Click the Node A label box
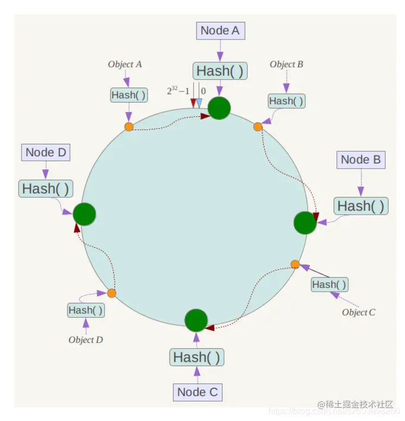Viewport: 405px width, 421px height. [220, 30]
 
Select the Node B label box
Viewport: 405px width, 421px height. [360, 160]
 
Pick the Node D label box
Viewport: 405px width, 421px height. [46, 152]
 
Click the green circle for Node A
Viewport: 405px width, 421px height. [219, 108]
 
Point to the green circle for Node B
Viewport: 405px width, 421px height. [305, 223]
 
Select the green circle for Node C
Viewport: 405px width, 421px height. [196, 321]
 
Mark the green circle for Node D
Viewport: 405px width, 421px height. [84, 215]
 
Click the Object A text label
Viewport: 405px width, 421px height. [125, 64]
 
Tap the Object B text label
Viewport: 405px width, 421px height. [286, 64]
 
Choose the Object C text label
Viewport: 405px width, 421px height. [358, 312]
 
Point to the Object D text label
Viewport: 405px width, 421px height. [86, 340]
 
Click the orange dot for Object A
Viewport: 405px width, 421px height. [129, 127]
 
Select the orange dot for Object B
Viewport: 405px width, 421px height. [258, 127]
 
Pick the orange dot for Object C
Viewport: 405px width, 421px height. [295, 265]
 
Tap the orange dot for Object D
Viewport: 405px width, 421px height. [111, 293]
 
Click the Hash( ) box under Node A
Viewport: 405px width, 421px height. [220, 71]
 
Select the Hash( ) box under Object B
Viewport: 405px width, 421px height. [286, 101]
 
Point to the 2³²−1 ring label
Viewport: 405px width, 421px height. [178, 91]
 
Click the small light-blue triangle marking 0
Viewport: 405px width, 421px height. [199, 102]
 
